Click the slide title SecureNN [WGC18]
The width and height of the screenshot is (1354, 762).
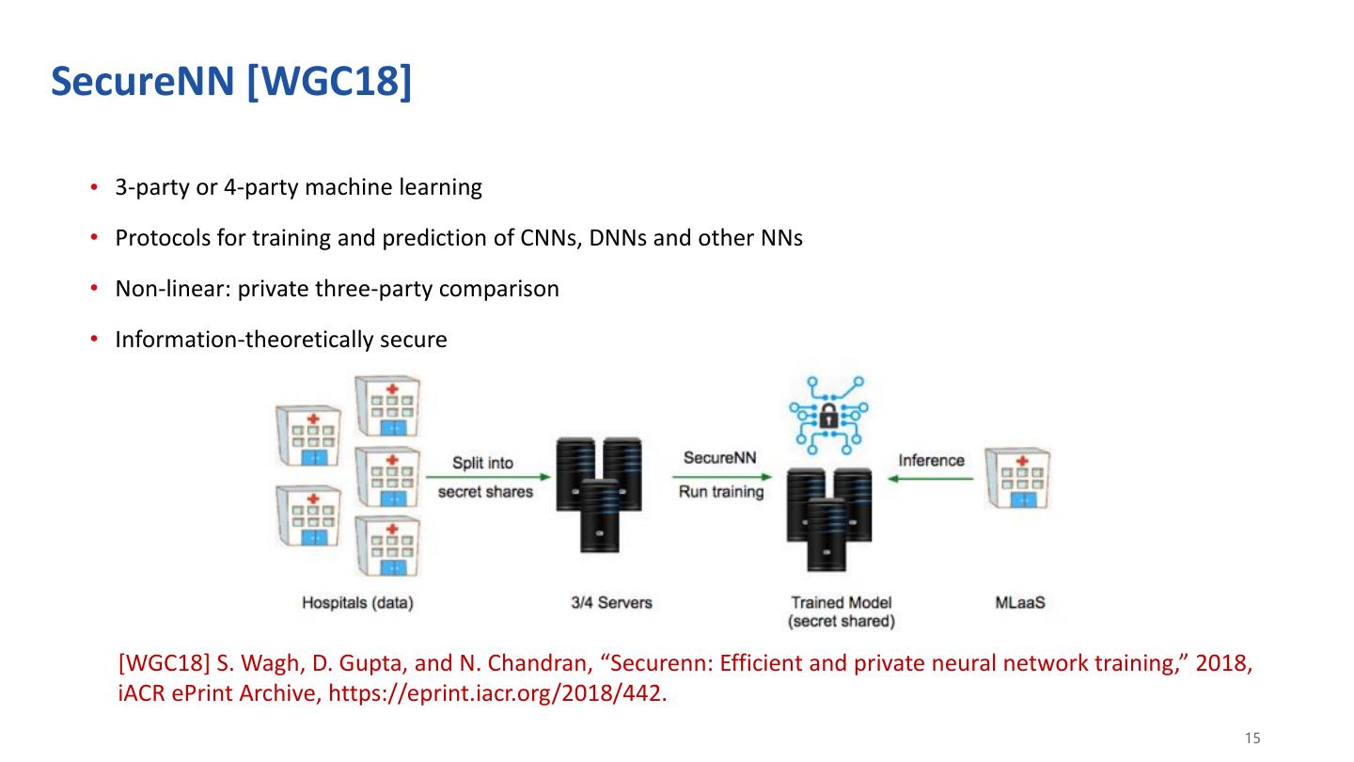click(231, 81)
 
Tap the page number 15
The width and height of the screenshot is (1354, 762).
click(1252, 738)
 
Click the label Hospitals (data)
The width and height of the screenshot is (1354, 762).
click(358, 603)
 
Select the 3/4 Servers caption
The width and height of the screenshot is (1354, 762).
click(612, 602)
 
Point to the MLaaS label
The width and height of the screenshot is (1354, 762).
click(1020, 602)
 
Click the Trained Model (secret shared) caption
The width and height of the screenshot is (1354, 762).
click(842, 612)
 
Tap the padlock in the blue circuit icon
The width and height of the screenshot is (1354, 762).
click(828, 417)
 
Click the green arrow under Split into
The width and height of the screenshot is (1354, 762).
click(488, 477)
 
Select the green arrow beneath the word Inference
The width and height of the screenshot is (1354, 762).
click(930, 478)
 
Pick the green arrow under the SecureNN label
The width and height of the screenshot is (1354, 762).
click(722, 477)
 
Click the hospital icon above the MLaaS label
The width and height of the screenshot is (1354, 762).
click(1018, 478)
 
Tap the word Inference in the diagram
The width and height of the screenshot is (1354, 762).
click(932, 460)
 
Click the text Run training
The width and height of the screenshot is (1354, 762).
click(721, 492)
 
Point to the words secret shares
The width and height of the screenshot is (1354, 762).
click(485, 492)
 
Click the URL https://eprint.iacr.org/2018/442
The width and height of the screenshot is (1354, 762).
click(497, 693)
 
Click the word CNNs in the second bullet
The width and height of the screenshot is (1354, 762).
click(551, 238)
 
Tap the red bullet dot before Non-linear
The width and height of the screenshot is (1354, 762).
click(94, 288)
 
